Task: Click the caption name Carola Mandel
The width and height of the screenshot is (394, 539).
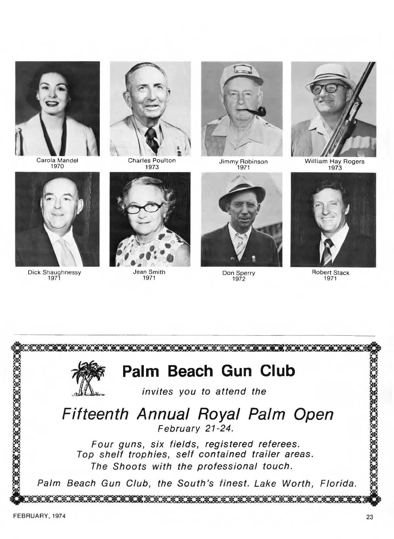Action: (x=57, y=161)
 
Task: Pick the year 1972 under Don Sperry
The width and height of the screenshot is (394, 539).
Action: (x=239, y=279)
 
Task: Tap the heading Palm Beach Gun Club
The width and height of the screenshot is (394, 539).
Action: (x=208, y=371)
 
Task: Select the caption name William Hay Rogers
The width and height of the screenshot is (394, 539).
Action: (x=334, y=161)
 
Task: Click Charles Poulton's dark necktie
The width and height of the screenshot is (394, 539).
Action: (x=151, y=138)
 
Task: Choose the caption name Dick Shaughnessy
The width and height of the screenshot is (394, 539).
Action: (x=55, y=272)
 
